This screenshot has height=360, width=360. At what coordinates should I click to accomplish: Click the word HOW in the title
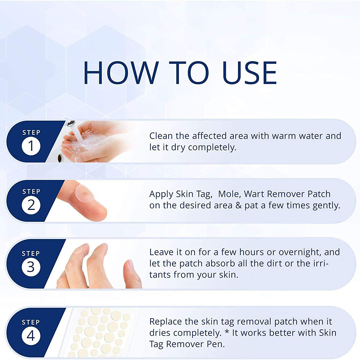click(x=121, y=73)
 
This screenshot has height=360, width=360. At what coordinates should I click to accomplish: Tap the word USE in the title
click(x=250, y=73)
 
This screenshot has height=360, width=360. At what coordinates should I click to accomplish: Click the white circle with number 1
click(x=31, y=146)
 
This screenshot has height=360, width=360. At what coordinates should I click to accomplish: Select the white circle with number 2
click(x=31, y=205)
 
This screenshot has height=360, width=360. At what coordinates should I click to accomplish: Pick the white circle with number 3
click(x=31, y=267)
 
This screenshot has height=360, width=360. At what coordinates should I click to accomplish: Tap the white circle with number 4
click(x=31, y=336)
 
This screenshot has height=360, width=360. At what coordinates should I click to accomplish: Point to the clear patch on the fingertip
click(x=85, y=193)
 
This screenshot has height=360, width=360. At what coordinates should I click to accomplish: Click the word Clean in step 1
click(x=161, y=136)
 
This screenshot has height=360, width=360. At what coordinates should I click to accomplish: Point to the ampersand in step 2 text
click(x=239, y=206)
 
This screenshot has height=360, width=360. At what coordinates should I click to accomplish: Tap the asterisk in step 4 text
click(x=227, y=331)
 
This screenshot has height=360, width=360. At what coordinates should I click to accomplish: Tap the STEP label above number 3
click(x=31, y=253)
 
